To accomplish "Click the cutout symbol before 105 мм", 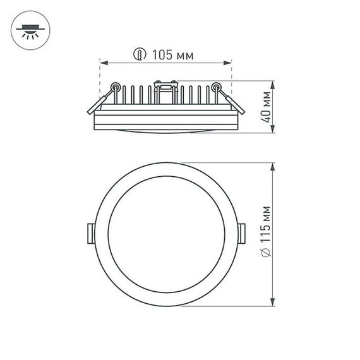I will point(139,55).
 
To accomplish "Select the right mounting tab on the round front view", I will point(243,232).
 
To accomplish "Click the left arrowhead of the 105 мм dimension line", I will point(104,63).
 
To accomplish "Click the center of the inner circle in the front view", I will point(165,232).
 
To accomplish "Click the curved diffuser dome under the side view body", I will point(165,130).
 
